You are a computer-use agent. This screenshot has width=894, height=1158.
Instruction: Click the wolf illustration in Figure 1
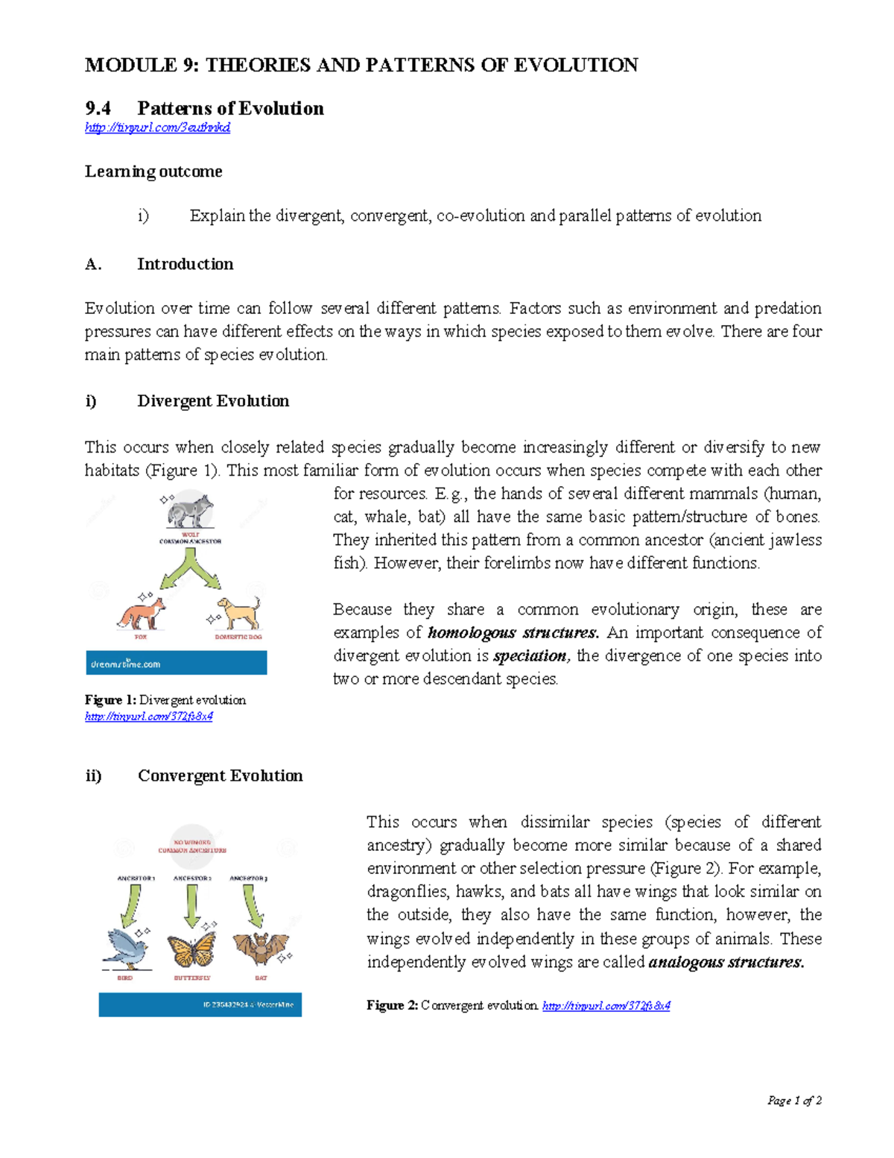tap(191, 512)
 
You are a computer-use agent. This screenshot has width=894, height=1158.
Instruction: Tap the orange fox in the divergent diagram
tap(142, 613)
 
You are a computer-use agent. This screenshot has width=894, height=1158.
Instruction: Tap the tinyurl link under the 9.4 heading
tap(157, 128)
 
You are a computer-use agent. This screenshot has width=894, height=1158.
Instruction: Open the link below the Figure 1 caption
tap(149, 717)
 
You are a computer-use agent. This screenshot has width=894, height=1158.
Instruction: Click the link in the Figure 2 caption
tap(606, 1006)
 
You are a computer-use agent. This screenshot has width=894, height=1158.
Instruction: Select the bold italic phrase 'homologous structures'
tap(513, 633)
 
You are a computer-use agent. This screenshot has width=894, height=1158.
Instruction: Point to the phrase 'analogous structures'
tap(726, 963)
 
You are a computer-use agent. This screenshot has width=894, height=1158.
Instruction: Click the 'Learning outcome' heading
tap(153, 172)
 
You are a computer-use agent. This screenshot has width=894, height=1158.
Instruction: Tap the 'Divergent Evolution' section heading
tap(213, 401)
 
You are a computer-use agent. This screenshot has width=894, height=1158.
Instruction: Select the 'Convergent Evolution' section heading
tap(220, 776)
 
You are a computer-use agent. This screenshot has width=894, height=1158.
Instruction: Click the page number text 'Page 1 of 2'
tap(794, 1101)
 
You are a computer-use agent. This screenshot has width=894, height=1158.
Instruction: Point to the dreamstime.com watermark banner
tap(177, 663)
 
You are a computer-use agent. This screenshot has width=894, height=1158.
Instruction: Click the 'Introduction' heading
tap(185, 264)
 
